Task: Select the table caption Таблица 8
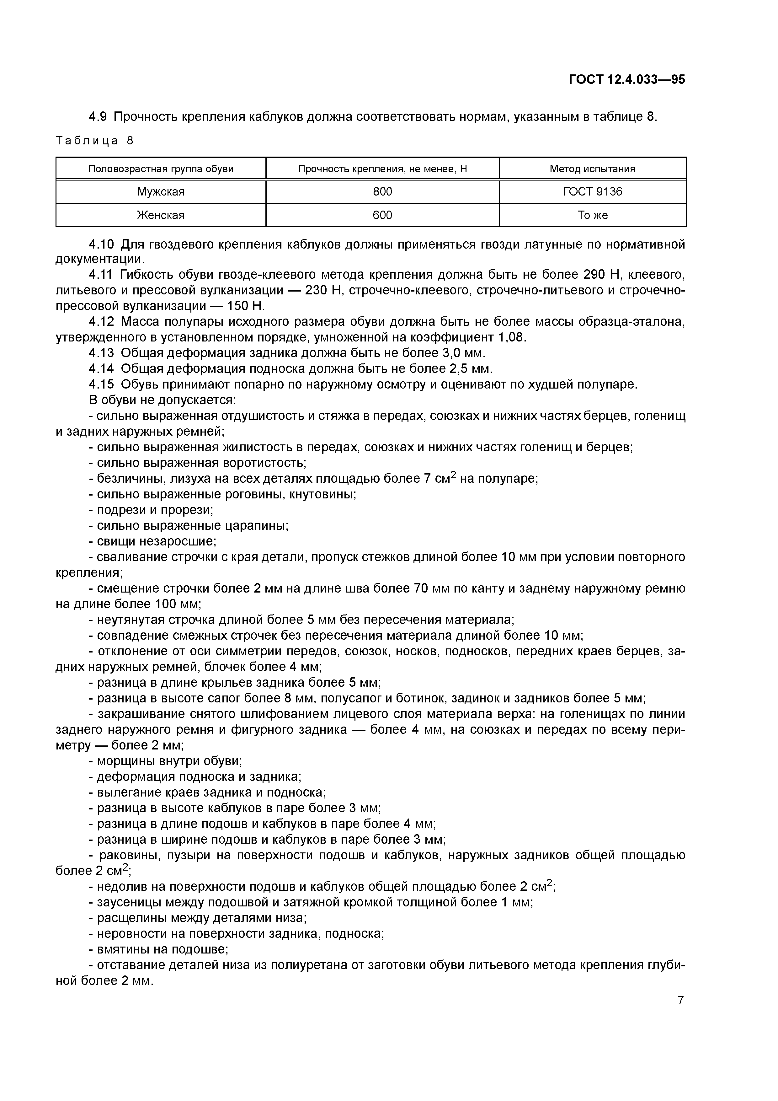(94, 141)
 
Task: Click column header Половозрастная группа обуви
(161, 169)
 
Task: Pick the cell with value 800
(382, 192)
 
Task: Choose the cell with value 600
(382, 215)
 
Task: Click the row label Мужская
(161, 192)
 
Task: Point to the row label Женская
(161, 215)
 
